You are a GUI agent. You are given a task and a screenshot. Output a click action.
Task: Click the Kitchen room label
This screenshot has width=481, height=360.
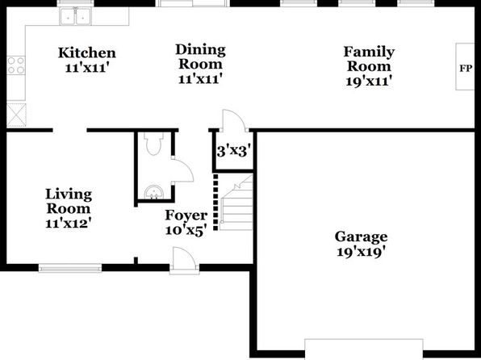87,52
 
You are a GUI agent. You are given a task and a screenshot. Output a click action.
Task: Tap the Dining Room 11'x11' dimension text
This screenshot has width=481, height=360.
200,79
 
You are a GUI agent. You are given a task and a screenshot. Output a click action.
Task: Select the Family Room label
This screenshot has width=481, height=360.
369,59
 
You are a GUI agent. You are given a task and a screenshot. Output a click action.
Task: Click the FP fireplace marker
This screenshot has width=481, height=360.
466,68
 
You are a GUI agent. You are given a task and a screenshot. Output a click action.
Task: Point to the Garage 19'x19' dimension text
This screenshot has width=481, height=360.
361,252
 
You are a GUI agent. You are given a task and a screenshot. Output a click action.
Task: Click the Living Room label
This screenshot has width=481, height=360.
69,201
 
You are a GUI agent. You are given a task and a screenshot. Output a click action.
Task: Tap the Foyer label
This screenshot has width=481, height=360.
186,216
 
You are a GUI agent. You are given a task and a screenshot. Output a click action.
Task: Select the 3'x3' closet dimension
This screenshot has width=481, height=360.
234,151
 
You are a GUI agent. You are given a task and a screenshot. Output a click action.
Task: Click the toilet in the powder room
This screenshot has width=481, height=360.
153,144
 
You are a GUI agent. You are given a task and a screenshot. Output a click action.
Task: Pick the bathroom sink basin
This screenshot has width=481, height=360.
153,192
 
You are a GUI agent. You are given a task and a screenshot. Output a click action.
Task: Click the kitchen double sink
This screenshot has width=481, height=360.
76,16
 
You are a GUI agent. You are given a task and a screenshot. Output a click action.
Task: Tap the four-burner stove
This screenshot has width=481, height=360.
16,65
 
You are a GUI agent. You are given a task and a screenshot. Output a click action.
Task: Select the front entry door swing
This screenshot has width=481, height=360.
184,259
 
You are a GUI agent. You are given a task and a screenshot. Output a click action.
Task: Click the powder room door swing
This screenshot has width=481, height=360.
182,170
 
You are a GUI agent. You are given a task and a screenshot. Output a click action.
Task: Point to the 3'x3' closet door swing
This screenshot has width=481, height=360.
234,120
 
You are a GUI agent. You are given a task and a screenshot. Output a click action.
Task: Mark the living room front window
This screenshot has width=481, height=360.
70,269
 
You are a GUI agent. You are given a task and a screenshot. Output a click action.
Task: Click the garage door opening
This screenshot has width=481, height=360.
364,349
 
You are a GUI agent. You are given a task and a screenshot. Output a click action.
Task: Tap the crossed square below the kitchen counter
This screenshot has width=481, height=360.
16,115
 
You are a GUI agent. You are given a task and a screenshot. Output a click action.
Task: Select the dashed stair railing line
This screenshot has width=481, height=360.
215,202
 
